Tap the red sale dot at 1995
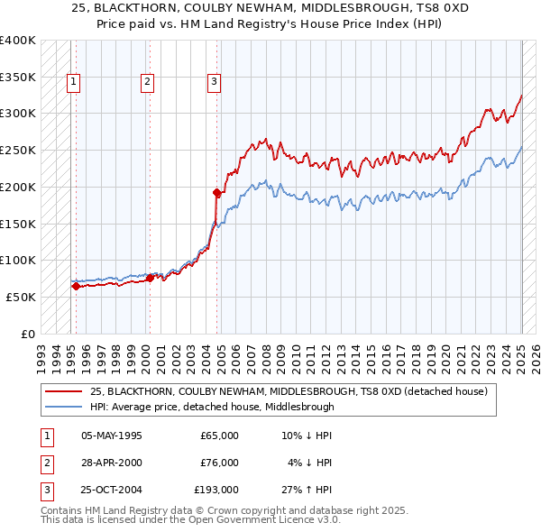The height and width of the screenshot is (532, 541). pyautogui.click(x=76, y=286)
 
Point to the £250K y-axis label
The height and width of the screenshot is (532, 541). pyautogui.click(x=18, y=151)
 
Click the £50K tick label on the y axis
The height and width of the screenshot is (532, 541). pyautogui.click(x=21, y=297)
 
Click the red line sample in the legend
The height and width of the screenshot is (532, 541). pyautogui.click(x=64, y=391)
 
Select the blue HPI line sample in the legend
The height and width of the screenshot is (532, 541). pyautogui.click(x=64, y=407)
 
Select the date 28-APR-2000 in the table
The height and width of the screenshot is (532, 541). pyautogui.click(x=112, y=463)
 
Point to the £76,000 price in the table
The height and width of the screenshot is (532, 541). pyautogui.click(x=219, y=463)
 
